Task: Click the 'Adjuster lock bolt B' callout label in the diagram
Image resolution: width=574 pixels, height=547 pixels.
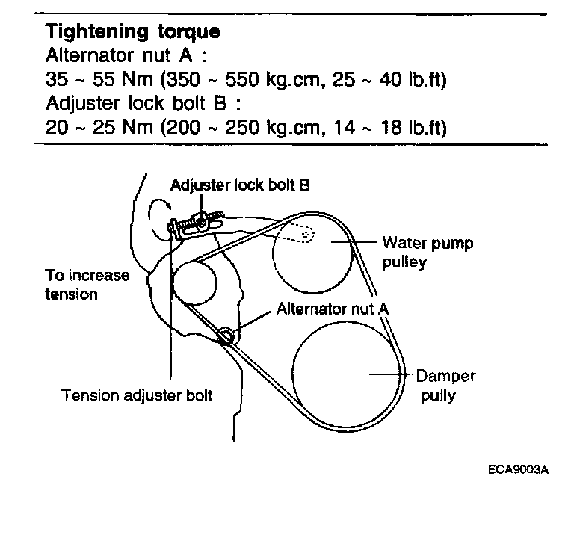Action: coord(239,185)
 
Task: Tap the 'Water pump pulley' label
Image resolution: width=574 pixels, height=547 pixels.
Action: coord(427,253)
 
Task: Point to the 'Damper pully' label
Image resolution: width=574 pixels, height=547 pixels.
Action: coord(445,385)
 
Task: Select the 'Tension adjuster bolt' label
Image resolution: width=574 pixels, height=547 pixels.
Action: coord(137,395)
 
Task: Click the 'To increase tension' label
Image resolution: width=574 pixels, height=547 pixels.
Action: coord(87,284)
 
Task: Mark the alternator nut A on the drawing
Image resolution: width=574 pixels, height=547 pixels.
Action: coord(226,336)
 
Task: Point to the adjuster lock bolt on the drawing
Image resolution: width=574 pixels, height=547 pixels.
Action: coord(202,220)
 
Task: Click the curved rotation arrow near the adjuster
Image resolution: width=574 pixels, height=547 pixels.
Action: coord(159,208)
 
